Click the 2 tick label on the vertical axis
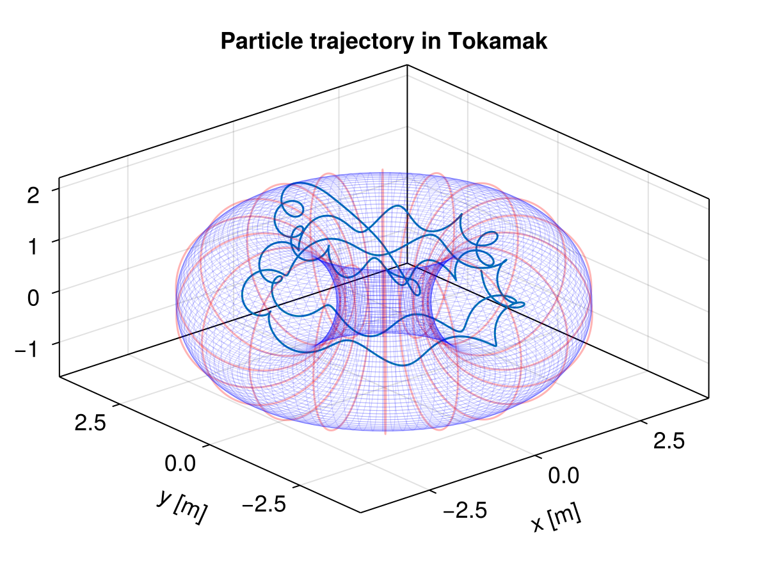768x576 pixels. (x=33, y=195)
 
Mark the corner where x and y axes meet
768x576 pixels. (x=360, y=513)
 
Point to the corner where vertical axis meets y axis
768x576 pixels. (x=60, y=376)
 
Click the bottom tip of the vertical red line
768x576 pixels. (x=385, y=433)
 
